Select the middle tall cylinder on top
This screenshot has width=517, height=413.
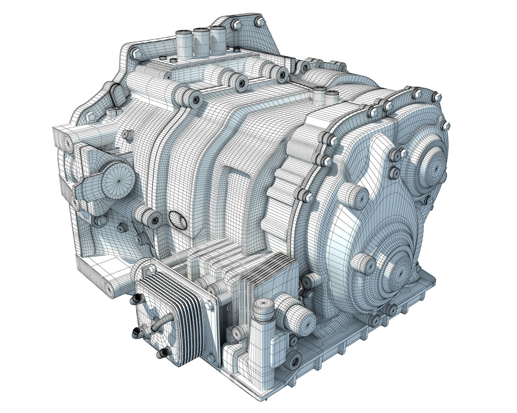(x=201, y=40)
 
